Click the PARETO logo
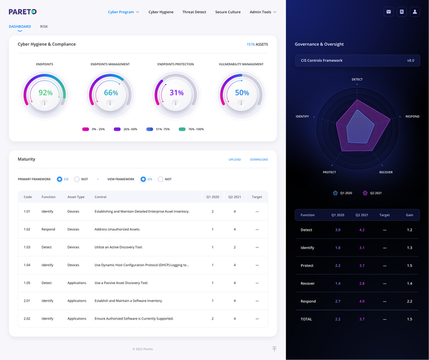pyautogui.click(x=23, y=11)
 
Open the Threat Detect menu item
pyautogui.click(x=194, y=12)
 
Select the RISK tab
pyautogui.click(x=44, y=26)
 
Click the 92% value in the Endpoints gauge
pyautogui.click(x=45, y=93)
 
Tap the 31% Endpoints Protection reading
pyautogui.click(x=177, y=93)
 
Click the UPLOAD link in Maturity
pyautogui.click(x=235, y=159)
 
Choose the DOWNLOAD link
pyautogui.click(x=259, y=159)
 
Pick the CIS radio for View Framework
pyautogui.click(x=144, y=179)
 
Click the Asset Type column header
pyautogui.click(x=76, y=197)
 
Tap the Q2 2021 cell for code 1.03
pyautogui.click(x=235, y=247)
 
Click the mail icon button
pyautogui.click(x=389, y=11)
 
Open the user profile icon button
pyautogui.click(x=415, y=11)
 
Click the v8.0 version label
pyautogui.click(x=410, y=60)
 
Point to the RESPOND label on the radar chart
pyautogui.click(x=412, y=117)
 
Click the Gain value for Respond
pyautogui.click(x=410, y=301)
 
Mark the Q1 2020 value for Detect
pyautogui.click(x=337, y=230)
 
